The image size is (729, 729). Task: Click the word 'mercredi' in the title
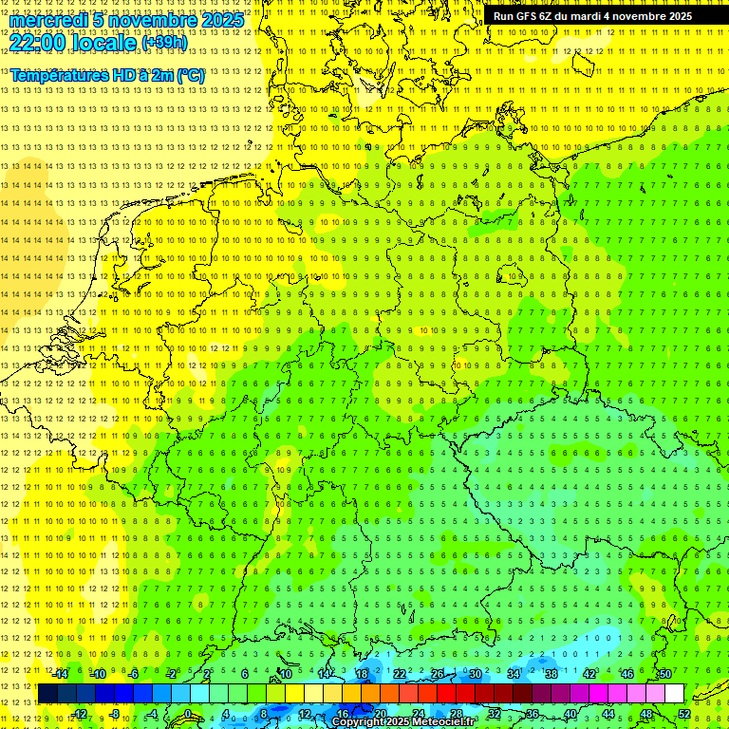pyautogui.click(x=47, y=20)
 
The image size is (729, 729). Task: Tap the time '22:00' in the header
pyautogui.click(x=37, y=42)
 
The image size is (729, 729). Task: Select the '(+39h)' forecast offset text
pyautogui.click(x=163, y=43)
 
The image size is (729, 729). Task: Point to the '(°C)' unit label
pyautogui.click(x=190, y=75)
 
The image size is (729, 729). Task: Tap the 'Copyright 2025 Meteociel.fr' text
pyautogui.click(x=403, y=721)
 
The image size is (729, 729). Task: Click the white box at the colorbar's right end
pyautogui.click(x=674, y=694)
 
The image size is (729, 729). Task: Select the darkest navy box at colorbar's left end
pyautogui.click(x=47, y=694)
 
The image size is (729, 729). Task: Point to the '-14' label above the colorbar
pyautogui.click(x=61, y=674)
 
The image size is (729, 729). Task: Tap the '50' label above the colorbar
pyautogui.click(x=664, y=674)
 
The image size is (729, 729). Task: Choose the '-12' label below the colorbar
pyautogui.click(x=80, y=714)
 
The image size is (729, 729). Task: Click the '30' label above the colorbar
pyautogui.click(x=475, y=674)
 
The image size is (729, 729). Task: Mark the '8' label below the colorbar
pyautogui.click(x=263, y=714)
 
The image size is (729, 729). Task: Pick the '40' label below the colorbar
pyautogui.click(x=570, y=714)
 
